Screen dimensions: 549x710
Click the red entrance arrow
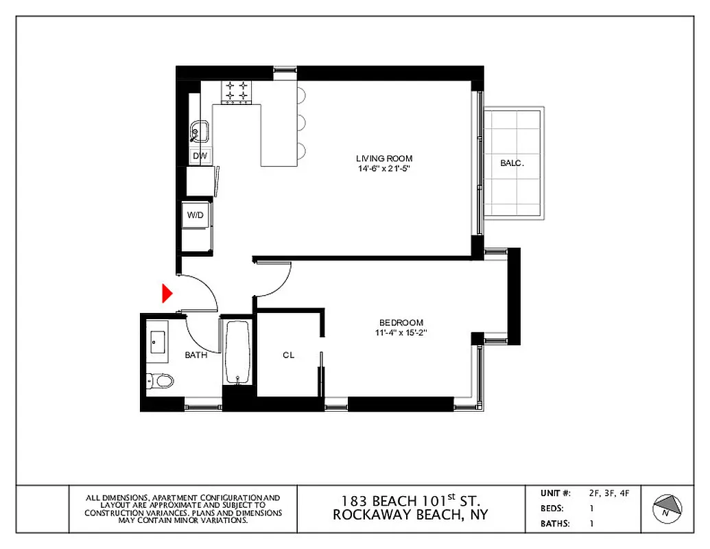[x=165, y=293]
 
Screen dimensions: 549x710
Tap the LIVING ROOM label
[x=384, y=159]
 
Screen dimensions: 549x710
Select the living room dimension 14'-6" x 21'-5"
[x=383, y=168]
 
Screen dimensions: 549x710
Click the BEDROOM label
[x=401, y=323]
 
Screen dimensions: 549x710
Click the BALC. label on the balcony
[x=512, y=163]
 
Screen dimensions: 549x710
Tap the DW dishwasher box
[x=200, y=156]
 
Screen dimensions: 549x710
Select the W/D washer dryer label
[x=196, y=215]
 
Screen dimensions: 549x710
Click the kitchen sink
[x=199, y=130]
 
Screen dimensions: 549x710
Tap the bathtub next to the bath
[x=238, y=352]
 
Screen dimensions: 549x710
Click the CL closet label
[x=289, y=355]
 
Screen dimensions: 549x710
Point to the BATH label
[x=196, y=355]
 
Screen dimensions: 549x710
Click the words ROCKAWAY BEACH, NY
[x=410, y=515]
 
